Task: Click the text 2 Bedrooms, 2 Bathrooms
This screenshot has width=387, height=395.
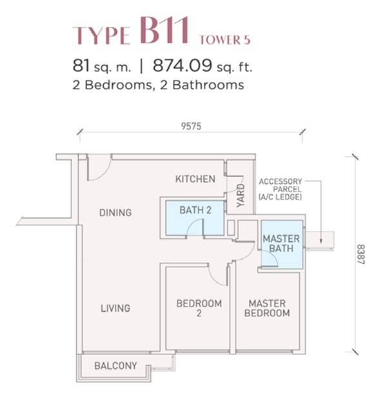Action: (x=158, y=85)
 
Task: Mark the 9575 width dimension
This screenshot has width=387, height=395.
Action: (x=191, y=127)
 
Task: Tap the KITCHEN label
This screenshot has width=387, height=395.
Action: (x=195, y=179)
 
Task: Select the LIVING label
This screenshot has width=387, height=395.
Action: (x=115, y=309)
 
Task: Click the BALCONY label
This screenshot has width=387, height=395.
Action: (x=115, y=366)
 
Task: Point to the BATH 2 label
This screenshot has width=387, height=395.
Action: (x=195, y=209)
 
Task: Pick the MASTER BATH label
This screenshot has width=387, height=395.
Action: (x=281, y=243)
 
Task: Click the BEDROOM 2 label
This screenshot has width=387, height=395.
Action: (x=199, y=309)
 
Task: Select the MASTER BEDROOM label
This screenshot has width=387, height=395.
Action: (x=267, y=309)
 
